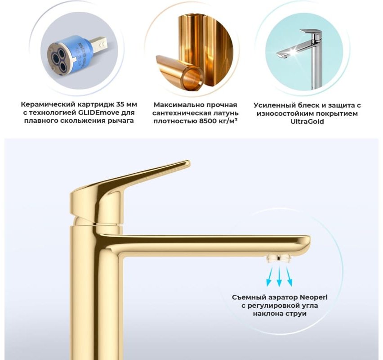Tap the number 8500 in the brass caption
tap(208, 121)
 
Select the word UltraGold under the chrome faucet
tap(307, 121)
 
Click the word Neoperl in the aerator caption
tap(313, 297)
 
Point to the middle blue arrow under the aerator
tap(279, 276)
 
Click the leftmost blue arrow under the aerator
tap(269, 276)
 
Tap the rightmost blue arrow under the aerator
tap(289, 276)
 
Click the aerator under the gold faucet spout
tap(278, 258)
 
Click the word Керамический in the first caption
tap(48, 105)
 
